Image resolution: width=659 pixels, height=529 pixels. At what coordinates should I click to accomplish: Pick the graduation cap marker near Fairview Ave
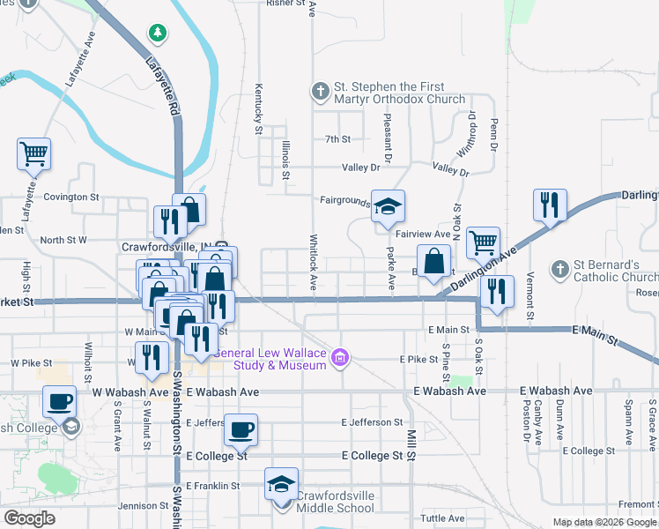pyautogui.click(x=387, y=209)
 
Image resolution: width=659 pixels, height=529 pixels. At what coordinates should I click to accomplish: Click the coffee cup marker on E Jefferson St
pyautogui.click(x=241, y=431)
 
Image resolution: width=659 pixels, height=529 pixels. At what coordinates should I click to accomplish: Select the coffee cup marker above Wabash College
pyautogui.click(x=60, y=403)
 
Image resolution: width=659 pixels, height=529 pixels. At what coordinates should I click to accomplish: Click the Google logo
pyautogui.click(x=29, y=518)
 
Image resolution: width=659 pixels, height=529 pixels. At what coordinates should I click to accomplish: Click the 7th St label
pyautogui.click(x=337, y=139)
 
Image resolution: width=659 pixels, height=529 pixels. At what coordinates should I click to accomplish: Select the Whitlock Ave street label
pyautogui.click(x=313, y=261)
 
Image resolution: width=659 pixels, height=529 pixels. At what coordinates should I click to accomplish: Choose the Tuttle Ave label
pyautogui.click(x=441, y=518)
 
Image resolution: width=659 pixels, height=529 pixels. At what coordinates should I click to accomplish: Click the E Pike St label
pyautogui.click(x=418, y=359)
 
